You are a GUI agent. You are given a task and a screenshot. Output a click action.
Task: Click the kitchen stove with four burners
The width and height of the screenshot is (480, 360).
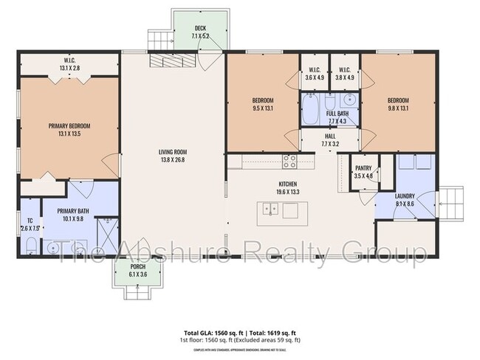(x=289, y=160)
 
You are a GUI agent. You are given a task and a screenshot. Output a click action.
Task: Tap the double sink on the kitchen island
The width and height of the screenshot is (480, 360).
(x=270, y=210)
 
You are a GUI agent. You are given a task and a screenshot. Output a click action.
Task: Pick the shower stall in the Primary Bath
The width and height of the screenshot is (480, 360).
(x=109, y=235)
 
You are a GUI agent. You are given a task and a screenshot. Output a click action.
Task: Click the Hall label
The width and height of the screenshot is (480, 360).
(x=330, y=140)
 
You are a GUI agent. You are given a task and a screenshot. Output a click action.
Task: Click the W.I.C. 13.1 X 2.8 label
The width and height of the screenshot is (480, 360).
(x=69, y=64)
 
